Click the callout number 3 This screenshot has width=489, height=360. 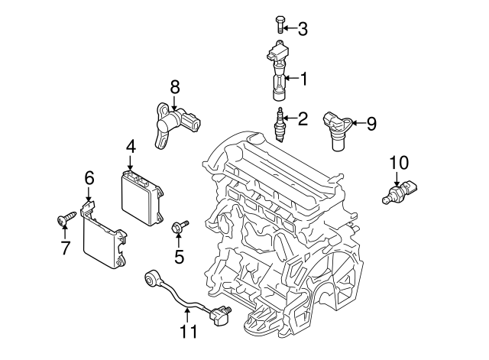(303, 30)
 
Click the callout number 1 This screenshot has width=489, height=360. (303, 78)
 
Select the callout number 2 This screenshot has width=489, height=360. (303, 118)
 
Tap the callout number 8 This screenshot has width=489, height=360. (174, 86)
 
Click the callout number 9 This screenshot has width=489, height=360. (371, 123)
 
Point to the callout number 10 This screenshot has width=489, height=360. (399, 163)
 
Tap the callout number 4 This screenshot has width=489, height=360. (131, 145)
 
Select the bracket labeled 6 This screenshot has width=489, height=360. (103, 239)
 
